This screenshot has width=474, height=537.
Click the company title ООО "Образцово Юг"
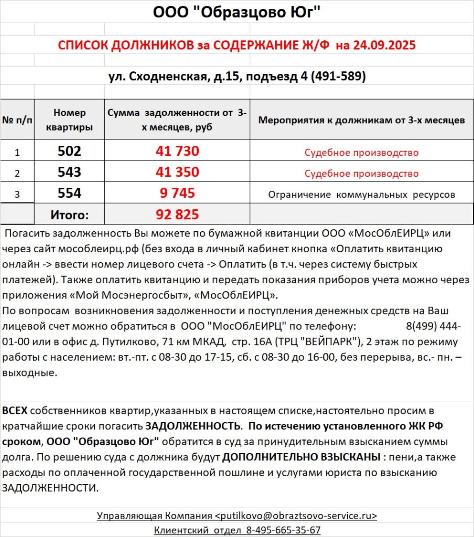[236, 12]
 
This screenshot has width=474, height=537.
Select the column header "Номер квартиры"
[69, 120]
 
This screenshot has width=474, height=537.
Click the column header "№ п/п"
[17, 120]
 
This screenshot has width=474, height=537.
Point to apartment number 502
[69, 152]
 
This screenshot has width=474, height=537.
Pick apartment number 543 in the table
[69, 172]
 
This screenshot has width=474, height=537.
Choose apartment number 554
[69, 193]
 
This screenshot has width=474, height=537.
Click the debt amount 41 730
[177, 152]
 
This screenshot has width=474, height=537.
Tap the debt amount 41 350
[177, 172]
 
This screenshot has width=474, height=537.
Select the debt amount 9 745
[177, 193]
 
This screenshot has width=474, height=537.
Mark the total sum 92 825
[177, 214]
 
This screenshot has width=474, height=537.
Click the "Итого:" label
[69, 214]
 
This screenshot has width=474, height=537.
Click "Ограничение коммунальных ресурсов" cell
[361, 195]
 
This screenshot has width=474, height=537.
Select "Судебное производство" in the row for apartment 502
[361, 153]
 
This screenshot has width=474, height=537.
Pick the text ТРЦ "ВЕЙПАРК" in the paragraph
[333, 342]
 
